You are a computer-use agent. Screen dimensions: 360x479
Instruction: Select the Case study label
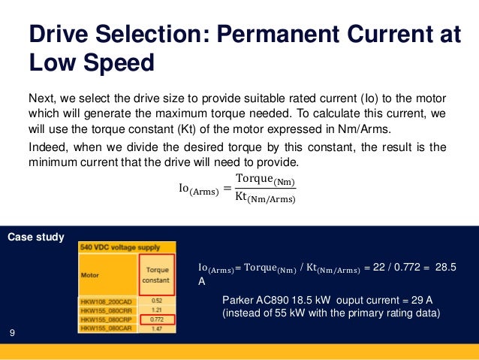pos(35,237)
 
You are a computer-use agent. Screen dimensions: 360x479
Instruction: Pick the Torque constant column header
pos(156,275)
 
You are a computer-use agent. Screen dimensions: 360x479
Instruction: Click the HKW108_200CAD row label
pos(107,301)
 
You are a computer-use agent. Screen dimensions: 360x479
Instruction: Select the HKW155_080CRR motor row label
pos(107,310)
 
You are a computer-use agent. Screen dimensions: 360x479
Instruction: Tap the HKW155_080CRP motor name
pos(107,319)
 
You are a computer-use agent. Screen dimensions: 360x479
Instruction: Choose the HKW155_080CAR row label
pos(107,328)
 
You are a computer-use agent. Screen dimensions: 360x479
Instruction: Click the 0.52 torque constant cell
pos(157,301)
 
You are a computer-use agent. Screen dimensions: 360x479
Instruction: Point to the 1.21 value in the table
pos(157,310)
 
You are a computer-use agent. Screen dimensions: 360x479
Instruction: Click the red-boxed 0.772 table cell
pos(157,319)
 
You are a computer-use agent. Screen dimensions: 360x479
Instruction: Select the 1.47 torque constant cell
pos(157,328)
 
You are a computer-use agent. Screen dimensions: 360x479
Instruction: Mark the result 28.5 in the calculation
pos(446,268)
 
